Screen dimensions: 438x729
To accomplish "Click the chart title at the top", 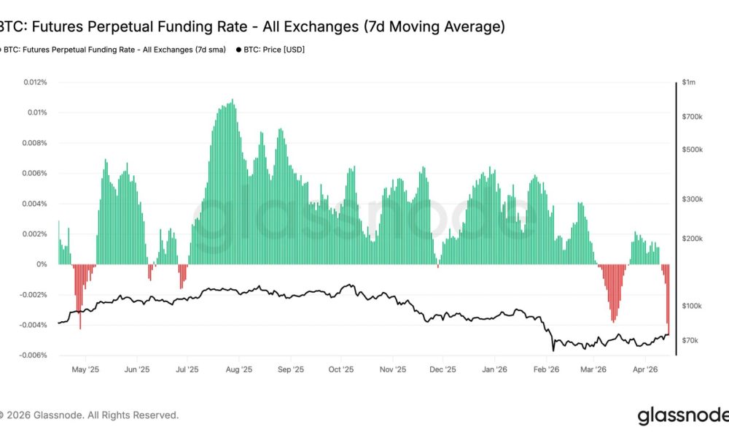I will (252, 27).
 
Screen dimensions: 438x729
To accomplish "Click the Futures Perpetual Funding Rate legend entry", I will (113, 50).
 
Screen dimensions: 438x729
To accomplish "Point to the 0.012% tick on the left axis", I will (34, 82).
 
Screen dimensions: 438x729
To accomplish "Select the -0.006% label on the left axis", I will (32, 356).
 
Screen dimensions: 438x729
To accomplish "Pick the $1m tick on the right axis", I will (690, 83).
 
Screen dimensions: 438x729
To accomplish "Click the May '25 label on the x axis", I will (85, 369).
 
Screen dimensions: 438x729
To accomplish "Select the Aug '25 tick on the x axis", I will (238, 369).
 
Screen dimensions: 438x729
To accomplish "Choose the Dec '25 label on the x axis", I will (443, 369).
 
